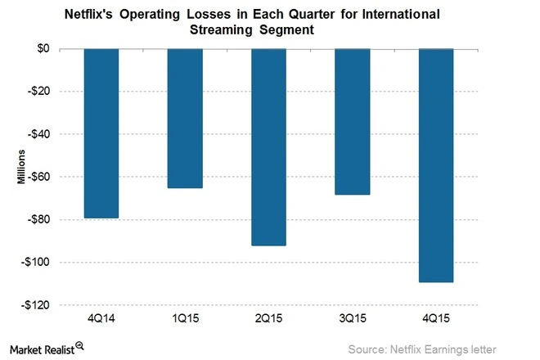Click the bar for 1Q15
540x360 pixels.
pyautogui.click(x=184, y=119)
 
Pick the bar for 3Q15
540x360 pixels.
pyautogui.click(x=352, y=122)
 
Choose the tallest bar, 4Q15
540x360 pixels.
pyautogui.click(x=435, y=165)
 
